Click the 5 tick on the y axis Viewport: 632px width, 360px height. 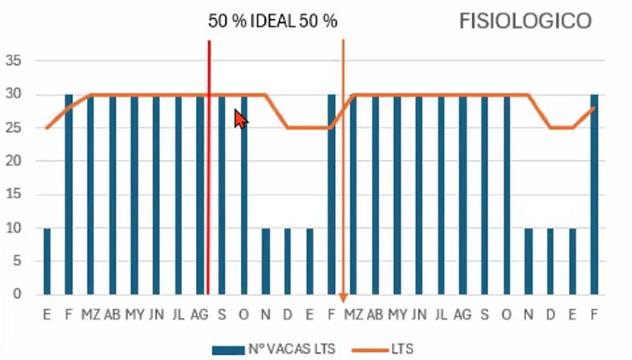tap(15, 261)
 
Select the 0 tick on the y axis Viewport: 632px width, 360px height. tap(15, 295)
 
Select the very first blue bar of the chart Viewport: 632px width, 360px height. tap(47, 261)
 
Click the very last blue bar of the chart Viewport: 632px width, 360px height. tap(594, 194)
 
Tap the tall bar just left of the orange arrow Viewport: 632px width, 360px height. tap(332, 194)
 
